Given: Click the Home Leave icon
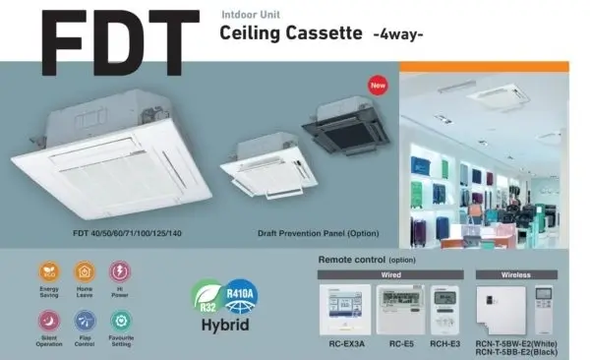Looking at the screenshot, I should click(x=85, y=270).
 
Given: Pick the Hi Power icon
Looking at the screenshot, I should click(x=120, y=270).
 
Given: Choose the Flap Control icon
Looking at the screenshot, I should click(x=85, y=319).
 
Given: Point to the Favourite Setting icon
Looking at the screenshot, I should click(x=121, y=319).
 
